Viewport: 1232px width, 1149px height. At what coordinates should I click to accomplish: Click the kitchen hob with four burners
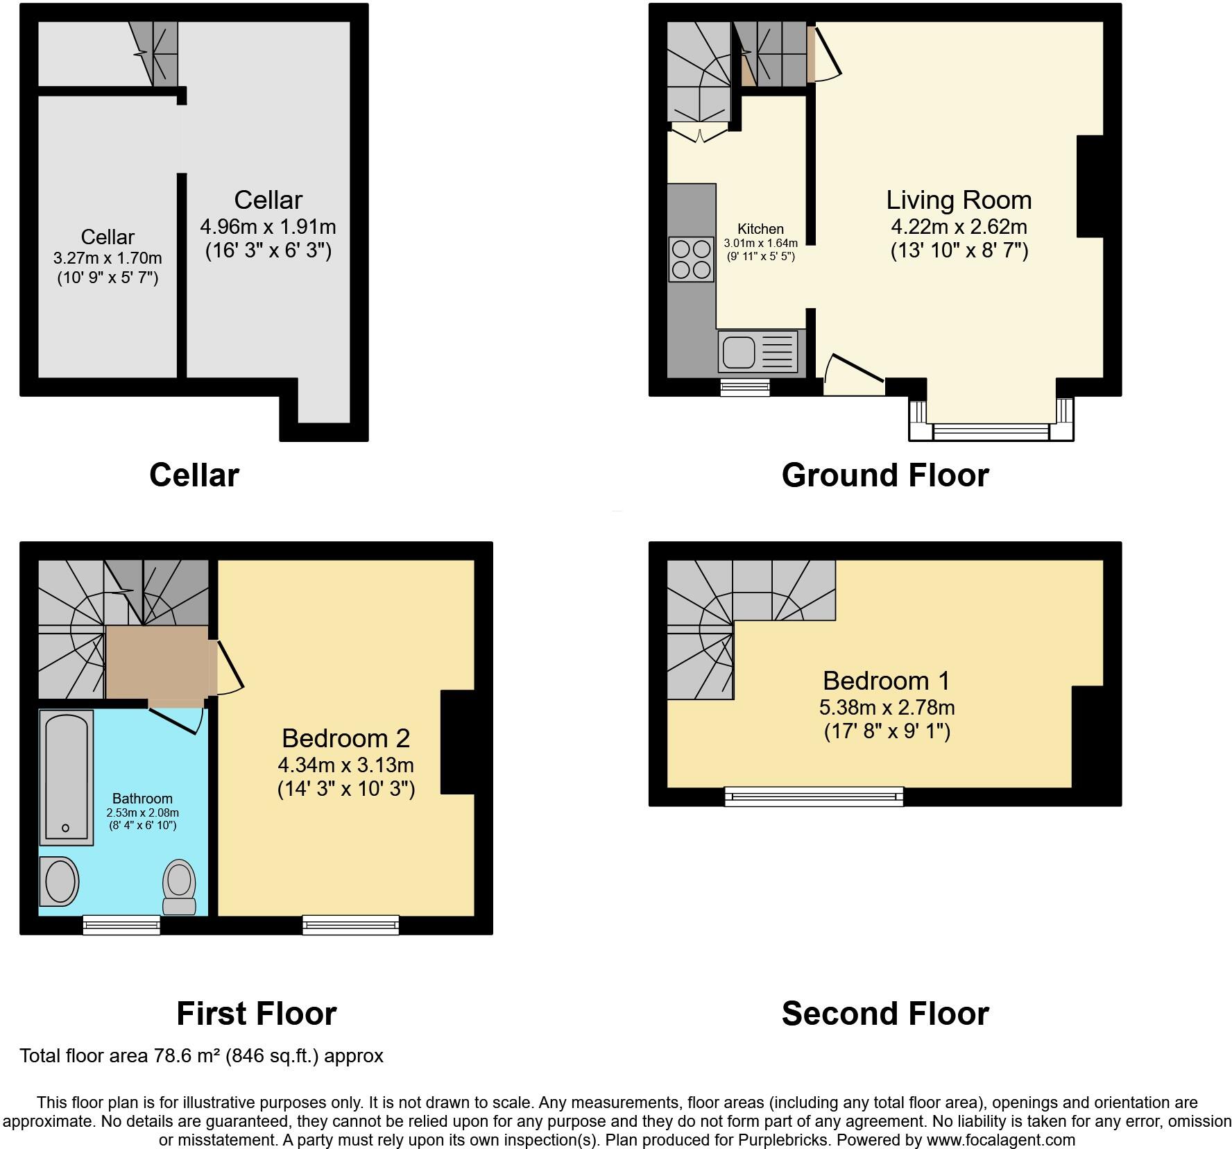691,259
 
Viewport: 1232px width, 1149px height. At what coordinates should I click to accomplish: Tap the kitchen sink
759,351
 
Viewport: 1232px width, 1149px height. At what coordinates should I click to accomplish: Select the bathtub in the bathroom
66,777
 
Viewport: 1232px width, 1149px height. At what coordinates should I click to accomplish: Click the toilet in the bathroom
180,887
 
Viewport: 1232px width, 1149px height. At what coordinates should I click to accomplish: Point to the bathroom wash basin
59,881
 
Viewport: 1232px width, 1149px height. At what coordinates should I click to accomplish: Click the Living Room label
959,200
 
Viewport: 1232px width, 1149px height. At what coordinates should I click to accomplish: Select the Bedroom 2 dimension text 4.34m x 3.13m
345,765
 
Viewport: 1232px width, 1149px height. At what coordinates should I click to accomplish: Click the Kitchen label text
760,229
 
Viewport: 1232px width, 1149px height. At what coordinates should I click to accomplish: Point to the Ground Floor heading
885,475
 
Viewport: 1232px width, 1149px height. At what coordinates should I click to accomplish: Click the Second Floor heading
885,1014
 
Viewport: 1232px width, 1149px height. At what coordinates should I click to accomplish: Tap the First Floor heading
257,1014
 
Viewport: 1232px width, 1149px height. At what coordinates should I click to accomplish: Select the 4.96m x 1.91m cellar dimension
268,227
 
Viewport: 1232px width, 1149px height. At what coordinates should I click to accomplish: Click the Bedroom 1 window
814,797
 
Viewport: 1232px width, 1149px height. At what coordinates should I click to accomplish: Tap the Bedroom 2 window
350,925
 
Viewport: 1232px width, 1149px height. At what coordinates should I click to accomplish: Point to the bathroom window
121,925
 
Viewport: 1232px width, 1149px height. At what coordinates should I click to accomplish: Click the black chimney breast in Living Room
1090,186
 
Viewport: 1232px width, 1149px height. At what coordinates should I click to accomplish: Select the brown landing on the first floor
157,662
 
